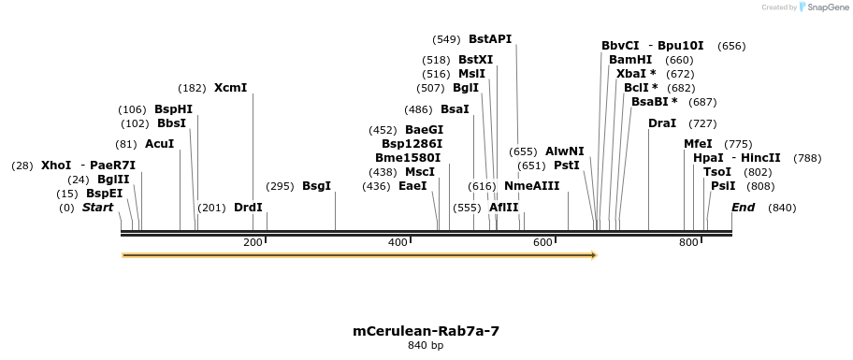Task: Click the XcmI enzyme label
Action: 230,88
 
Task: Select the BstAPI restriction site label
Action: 490,39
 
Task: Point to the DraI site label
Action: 662,123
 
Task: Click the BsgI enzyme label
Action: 316,186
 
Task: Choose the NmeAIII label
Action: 531,186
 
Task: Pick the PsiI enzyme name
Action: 723,186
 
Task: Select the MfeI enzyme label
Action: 698,144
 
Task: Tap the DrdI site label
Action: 248,208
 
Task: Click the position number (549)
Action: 446,39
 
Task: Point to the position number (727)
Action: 702,123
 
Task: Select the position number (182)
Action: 192,88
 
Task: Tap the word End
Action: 743,208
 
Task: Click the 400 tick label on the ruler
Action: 398,243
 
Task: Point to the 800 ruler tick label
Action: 688,243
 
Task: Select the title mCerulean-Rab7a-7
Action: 426,331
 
